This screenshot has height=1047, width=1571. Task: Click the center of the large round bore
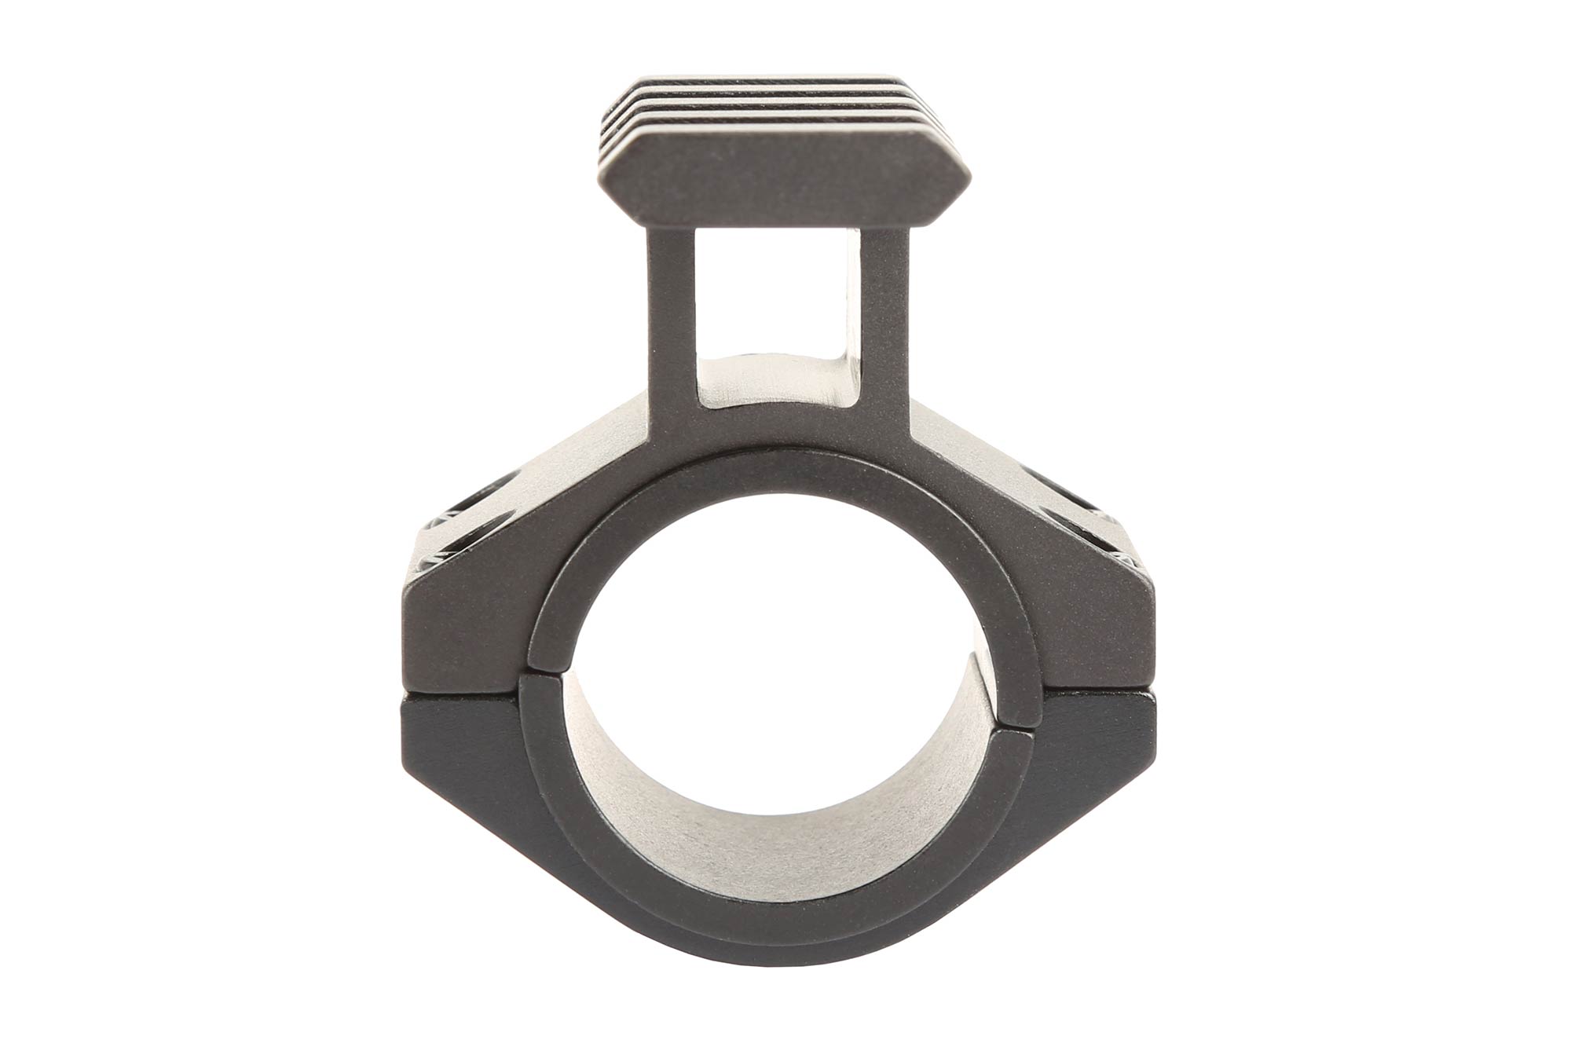[x=778, y=683]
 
